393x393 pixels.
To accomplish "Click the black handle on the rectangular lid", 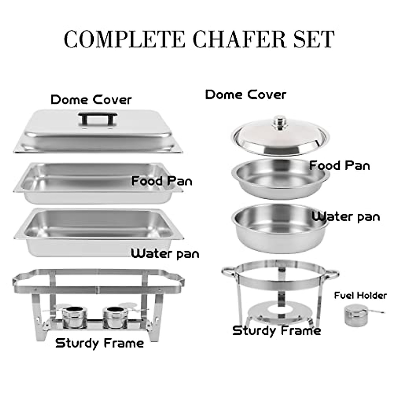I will pyautogui.click(x=98, y=119).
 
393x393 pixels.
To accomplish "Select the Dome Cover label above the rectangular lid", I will pyautogui.click(x=91, y=100).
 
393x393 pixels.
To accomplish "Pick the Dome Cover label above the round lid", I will pyautogui.click(x=246, y=95).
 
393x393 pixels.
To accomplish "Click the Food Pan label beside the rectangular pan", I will pyautogui.click(x=162, y=181).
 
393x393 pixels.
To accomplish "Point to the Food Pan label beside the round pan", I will pyautogui.click(x=339, y=165).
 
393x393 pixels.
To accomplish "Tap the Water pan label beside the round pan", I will pyautogui.click(x=346, y=216).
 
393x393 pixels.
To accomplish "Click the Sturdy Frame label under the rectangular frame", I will pyautogui.click(x=100, y=343).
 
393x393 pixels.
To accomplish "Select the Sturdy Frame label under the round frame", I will pyautogui.click(x=276, y=330).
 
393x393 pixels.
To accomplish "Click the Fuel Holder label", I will pyautogui.click(x=360, y=295).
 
